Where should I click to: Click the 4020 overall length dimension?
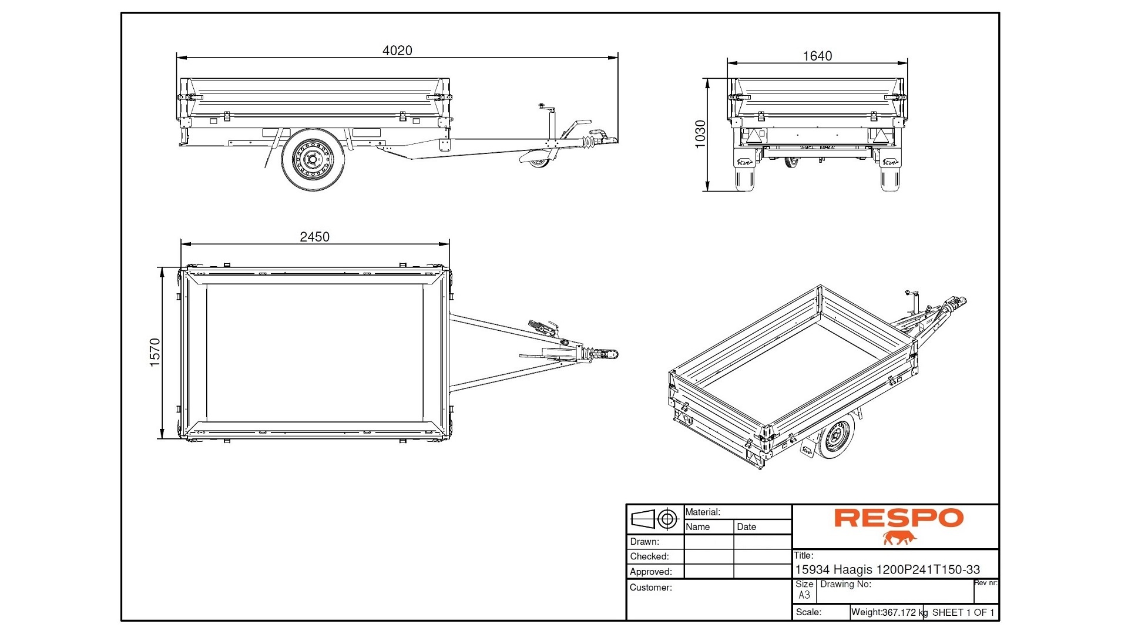[x=397, y=51]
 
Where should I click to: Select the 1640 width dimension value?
[x=817, y=56]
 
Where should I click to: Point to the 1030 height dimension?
[x=700, y=135]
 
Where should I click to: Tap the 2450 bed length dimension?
[x=314, y=237]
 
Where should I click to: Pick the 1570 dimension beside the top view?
[x=155, y=353]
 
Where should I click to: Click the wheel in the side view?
[x=313, y=159]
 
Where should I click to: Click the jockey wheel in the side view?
[x=539, y=161]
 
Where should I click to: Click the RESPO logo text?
[x=898, y=518]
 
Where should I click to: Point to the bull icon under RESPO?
[x=899, y=537]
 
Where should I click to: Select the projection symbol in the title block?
[x=654, y=519]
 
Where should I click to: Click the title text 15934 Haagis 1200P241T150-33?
[x=887, y=569]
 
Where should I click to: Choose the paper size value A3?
[x=804, y=595]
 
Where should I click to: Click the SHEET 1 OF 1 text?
[x=963, y=612]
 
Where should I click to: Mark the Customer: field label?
[x=650, y=587]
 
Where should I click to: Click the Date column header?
[x=746, y=526]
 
